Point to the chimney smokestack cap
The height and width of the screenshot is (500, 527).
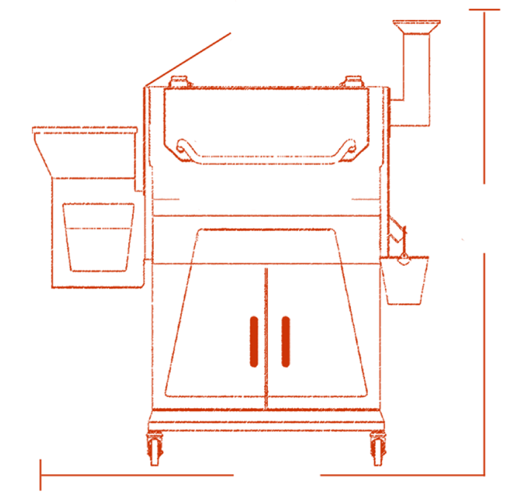click(x=415, y=28)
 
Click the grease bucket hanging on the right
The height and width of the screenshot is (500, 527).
click(x=405, y=280)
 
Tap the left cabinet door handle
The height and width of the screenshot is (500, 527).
click(x=253, y=341)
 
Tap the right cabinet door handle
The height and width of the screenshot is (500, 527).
click(x=285, y=341)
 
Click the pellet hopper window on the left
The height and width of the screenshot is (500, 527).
click(x=99, y=236)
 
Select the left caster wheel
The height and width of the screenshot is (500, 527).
click(x=155, y=447)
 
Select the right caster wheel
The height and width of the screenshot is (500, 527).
click(x=377, y=447)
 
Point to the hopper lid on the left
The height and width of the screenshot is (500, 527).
click(x=85, y=130)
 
